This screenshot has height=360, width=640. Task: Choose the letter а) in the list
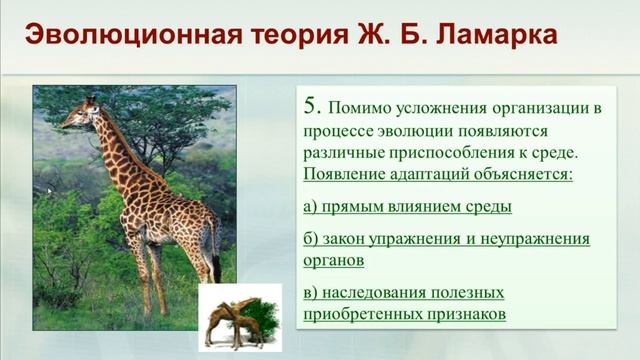(x=310, y=207)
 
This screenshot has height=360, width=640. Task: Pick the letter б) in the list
(x=311, y=240)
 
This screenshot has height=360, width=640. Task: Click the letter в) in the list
(x=310, y=293)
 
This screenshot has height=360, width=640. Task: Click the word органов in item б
(x=332, y=260)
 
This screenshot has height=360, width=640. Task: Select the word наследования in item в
(x=375, y=293)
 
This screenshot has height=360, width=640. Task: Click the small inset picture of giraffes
(x=239, y=317)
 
